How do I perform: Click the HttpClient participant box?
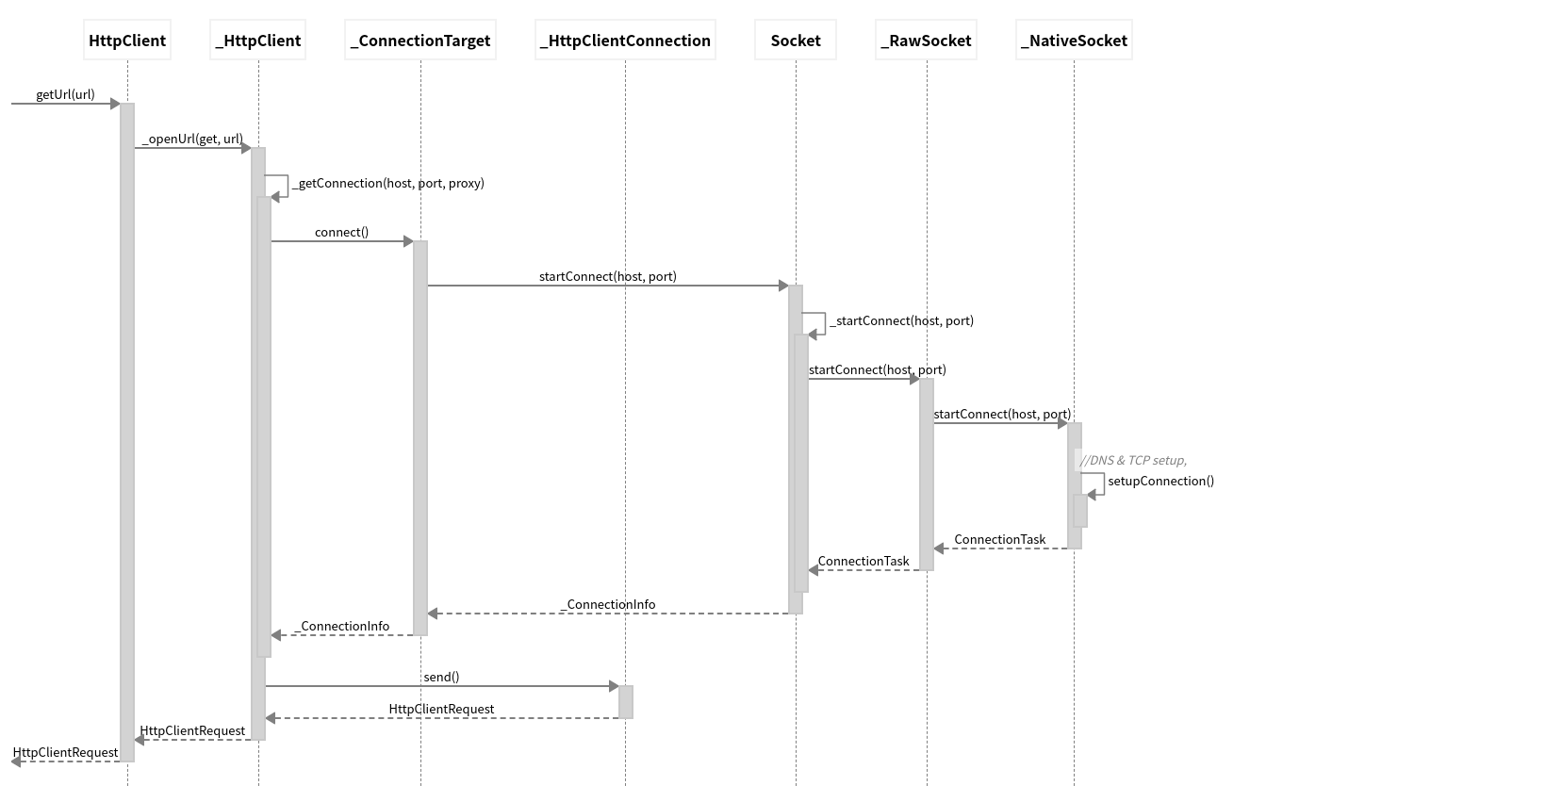point(127,40)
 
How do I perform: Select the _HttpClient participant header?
point(258,40)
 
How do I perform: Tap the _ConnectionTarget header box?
point(420,40)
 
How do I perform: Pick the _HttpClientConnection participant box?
point(625,40)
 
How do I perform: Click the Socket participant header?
point(795,40)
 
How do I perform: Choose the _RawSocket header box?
point(927,40)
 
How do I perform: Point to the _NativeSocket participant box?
point(1074,40)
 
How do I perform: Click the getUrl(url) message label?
point(66,94)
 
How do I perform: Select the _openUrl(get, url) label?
point(192,139)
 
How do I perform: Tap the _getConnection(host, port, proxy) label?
point(388,183)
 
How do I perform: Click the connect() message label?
point(341,232)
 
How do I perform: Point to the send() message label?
point(442,677)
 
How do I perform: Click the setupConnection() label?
point(1160,481)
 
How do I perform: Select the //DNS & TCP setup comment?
point(1133,460)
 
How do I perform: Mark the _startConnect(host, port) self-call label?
point(902,320)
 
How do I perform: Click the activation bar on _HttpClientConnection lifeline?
point(625,702)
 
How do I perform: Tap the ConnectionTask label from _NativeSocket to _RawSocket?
point(1000,540)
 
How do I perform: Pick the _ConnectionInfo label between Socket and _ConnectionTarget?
point(608,604)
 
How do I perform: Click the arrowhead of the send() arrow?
point(614,686)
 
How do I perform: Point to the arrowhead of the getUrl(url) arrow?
point(115,104)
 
